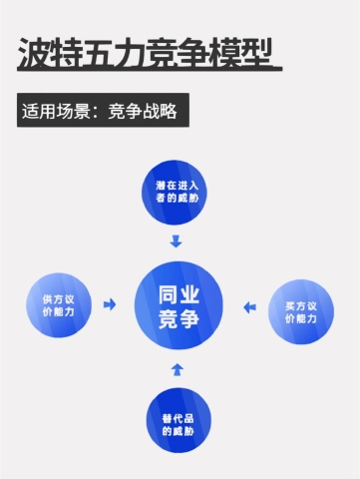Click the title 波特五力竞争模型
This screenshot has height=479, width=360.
click(x=148, y=54)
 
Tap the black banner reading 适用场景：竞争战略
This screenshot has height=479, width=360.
click(x=103, y=110)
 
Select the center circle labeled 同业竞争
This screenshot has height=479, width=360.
click(x=178, y=305)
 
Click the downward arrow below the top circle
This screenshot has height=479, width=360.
click(x=177, y=240)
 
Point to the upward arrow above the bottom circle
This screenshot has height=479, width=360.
click(x=178, y=370)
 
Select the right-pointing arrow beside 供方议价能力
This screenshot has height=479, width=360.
click(x=110, y=303)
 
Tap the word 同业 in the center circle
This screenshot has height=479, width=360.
click(x=178, y=293)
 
